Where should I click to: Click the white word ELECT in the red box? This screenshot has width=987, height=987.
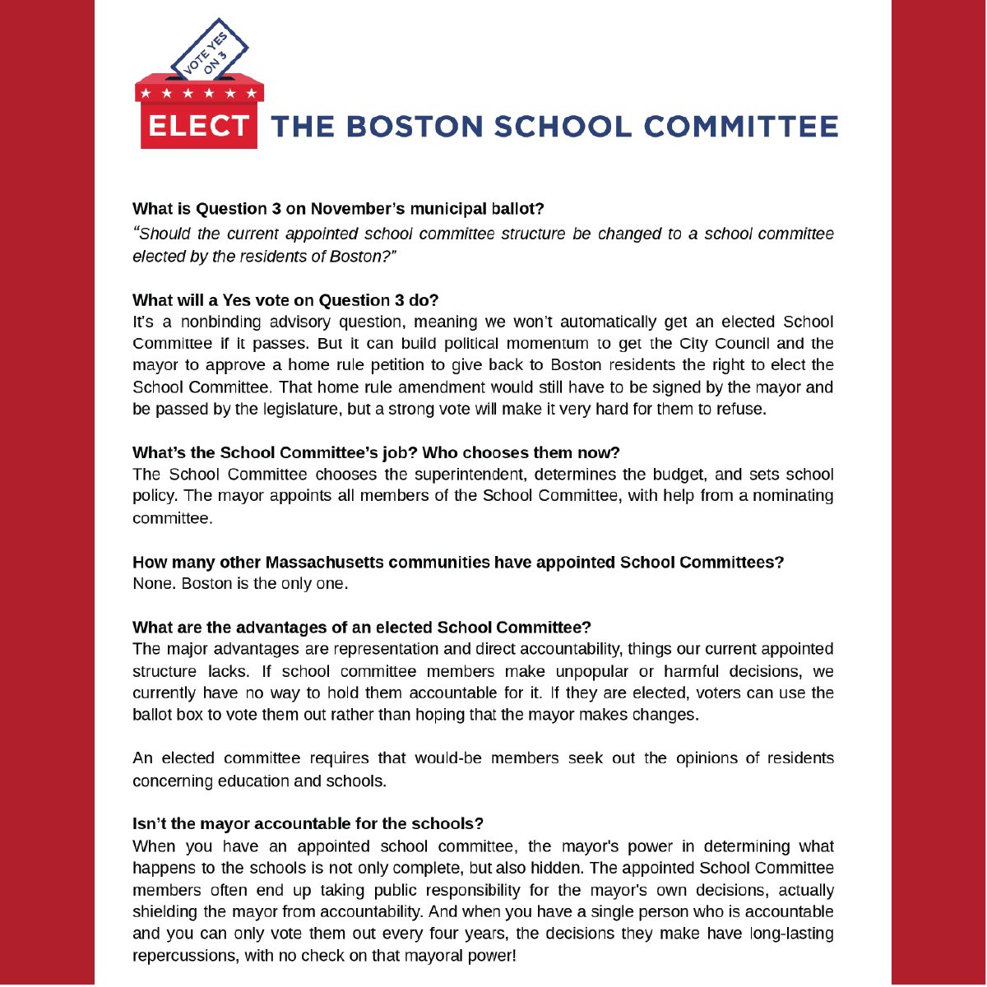pyautogui.click(x=198, y=126)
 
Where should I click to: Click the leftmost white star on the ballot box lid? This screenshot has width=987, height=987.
pyautogui.click(x=146, y=93)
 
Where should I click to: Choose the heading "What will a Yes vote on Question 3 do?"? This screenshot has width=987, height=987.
pyautogui.click(x=285, y=300)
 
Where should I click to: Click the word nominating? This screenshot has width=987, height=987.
pyautogui.click(x=796, y=496)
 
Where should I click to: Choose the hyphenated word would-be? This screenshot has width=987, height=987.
pyautogui.click(x=447, y=758)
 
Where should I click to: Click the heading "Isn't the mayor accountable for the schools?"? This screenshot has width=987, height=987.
pyautogui.click(x=308, y=823)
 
